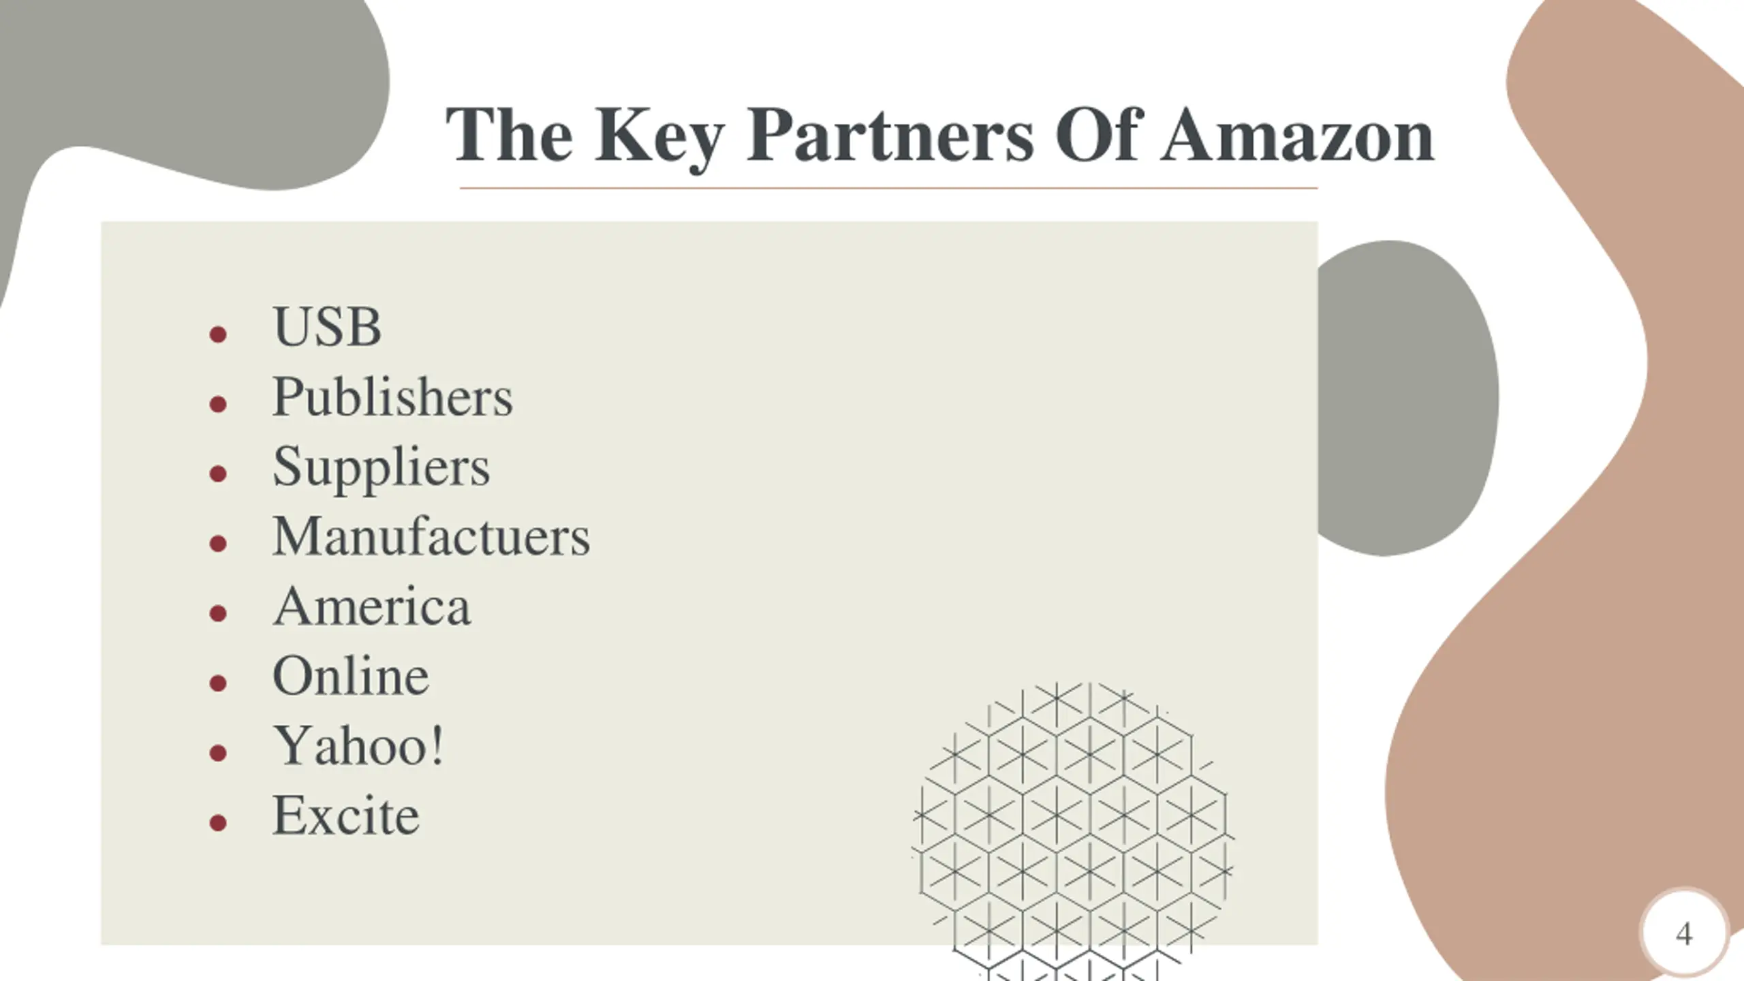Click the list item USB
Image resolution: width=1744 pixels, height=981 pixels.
click(327, 327)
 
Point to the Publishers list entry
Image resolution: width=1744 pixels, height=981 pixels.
click(392, 397)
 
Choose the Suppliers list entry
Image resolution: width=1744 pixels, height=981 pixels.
click(381, 467)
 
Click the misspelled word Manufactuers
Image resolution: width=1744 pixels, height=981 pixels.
click(431, 537)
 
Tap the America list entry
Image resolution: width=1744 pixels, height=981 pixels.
click(372, 606)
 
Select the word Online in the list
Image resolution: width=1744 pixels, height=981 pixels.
click(351, 676)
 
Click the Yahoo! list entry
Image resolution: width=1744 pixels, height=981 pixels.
click(358, 746)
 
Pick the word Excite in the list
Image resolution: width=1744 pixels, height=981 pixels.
click(346, 815)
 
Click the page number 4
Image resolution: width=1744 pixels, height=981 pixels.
click(1684, 934)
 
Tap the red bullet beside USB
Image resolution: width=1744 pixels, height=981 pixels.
click(218, 334)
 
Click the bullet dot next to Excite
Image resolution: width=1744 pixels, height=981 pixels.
click(218, 823)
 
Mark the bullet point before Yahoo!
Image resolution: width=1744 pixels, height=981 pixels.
click(218, 753)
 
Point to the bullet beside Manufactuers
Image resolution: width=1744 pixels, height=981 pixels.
click(218, 544)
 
